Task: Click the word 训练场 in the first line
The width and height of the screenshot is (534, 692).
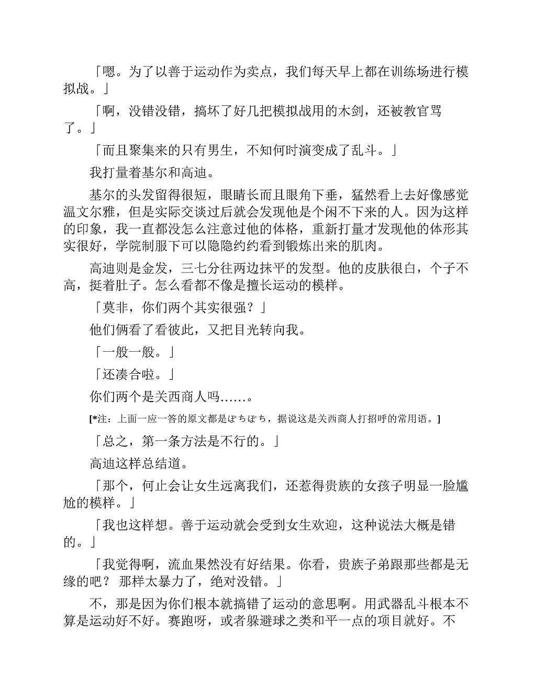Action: click(409, 72)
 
